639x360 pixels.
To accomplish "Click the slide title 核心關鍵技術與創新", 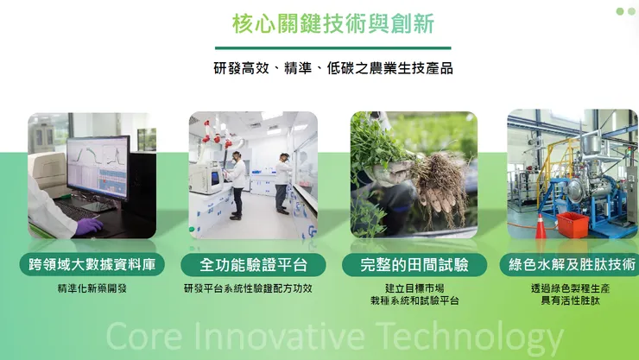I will (332, 23).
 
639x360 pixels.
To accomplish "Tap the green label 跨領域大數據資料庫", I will (92, 265).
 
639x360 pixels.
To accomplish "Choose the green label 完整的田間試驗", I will (414, 265).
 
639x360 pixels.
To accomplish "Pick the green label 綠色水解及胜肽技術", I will (573, 265).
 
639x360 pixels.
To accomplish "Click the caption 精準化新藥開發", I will (92, 288).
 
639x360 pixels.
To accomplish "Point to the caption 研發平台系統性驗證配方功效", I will (248, 288).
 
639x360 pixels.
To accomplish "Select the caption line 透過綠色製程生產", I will (571, 288).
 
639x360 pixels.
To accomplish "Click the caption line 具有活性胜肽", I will (571, 300).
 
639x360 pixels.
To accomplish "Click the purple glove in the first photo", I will (88, 226).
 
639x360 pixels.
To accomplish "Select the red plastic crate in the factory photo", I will (573, 224).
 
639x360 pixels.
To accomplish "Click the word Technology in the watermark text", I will (462, 337).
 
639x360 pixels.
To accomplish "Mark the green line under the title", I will (332, 47).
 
